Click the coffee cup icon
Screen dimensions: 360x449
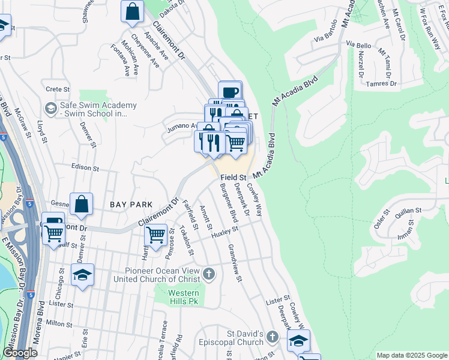(x=230, y=92)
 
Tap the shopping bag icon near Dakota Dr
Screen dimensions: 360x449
(x=132, y=11)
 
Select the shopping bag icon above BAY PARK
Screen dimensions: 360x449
(x=81, y=204)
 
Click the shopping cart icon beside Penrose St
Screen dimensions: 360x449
(x=156, y=234)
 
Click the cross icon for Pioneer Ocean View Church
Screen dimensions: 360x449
(x=208, y=274)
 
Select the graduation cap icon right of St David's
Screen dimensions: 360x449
(x=298, y=340)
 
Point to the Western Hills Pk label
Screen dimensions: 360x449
(x=183, y=296)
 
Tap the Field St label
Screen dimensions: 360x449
(x=234, y=178)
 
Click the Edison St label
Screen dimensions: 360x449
(x=84, y=169)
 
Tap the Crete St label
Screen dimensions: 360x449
(x=58, y=89)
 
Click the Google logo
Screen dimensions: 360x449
(x=20, y=353)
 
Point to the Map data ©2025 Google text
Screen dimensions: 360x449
(x=411, y=355)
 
